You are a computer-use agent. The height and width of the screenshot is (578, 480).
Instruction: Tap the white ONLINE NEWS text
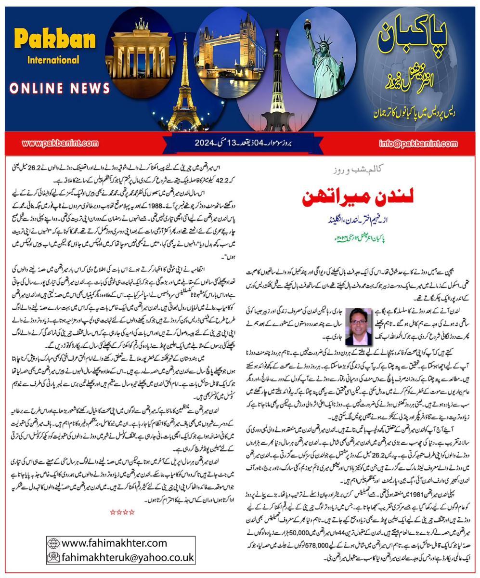(x=60, y=88)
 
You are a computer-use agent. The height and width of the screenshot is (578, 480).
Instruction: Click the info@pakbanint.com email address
(x=418, y=143)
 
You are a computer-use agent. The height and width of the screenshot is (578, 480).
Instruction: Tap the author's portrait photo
(x=358, y=326)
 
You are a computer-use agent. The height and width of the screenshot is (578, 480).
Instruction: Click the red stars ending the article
(x=122, y=512)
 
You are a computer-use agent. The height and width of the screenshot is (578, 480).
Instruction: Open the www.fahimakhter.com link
(x=114, y=543)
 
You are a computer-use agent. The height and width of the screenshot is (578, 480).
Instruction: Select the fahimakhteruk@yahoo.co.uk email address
(x=127, y=557)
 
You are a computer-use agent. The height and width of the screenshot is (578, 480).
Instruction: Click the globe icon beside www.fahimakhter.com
(x=53, y=543)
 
